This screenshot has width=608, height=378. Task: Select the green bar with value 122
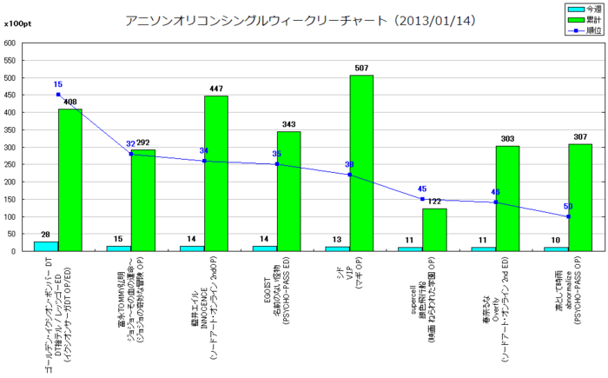[x=434, y=229]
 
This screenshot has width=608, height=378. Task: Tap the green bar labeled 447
[x=216, y=174]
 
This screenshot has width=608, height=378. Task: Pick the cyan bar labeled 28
[x=46, y=246]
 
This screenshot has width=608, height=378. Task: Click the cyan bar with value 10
[x=556, y=249]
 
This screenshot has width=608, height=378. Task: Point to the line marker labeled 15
[x=58, y=95]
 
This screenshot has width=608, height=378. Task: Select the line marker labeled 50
[x=568, y=216]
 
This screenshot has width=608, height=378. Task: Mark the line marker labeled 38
[x=350, y=175]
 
